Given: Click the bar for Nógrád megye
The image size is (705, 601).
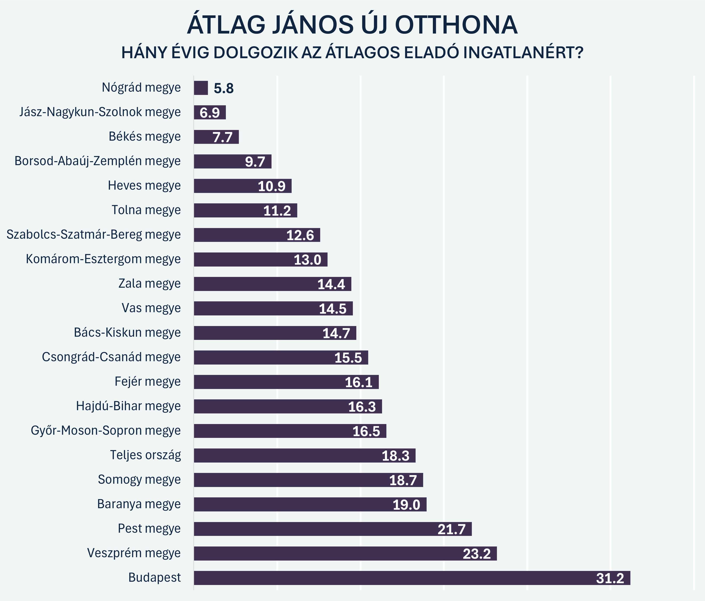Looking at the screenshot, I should pos(201,88).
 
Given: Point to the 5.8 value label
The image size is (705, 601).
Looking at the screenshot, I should pos(223,88).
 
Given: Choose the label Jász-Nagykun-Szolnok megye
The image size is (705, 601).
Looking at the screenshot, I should pos(100,112).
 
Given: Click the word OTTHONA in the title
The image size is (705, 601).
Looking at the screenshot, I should pos(456,25).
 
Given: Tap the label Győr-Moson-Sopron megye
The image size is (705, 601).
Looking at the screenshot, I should pos(106,431).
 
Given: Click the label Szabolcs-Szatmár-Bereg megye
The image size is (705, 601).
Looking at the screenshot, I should pos(94,235).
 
